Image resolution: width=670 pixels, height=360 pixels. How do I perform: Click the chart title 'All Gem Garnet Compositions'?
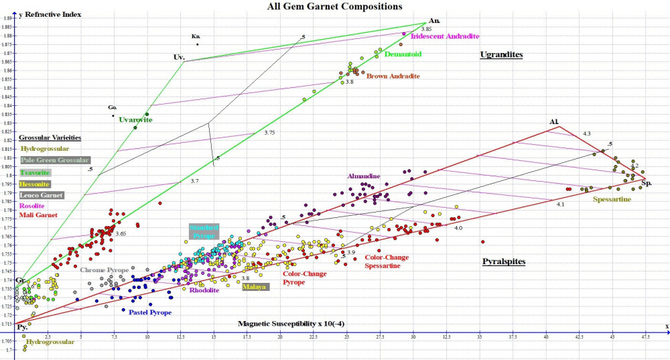pyautogui.click(x=335, y=6)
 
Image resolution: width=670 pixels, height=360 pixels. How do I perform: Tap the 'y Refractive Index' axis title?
pyautogui.click(x=50, y=14)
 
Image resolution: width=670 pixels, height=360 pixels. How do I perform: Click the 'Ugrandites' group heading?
pyautogui.click(x=501, y=54)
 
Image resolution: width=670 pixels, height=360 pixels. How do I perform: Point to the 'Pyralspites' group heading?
pyautogui.click(x=504, y=261)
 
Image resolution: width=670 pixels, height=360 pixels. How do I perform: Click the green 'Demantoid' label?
pyautogui.click(x=403, y=54)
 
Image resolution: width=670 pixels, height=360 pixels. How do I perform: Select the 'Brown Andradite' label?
pyautogui.click(x=393, y=76)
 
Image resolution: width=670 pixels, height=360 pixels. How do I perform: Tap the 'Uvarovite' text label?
pyautogui.click(x=136, y=120)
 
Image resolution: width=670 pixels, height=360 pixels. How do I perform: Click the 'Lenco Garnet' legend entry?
pyautogui.click(x=42, y=195)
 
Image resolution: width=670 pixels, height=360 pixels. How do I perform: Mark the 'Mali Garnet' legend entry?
pyautogui.click(x=38, y=215)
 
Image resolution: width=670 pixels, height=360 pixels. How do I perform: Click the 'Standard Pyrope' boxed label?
pyautogui.click(x=204, y=232)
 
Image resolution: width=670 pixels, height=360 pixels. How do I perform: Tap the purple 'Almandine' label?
pyautogui.click(x=363, y=176)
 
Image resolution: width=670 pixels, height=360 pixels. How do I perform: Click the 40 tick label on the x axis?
pyautogui.click(x=545, y=337)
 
